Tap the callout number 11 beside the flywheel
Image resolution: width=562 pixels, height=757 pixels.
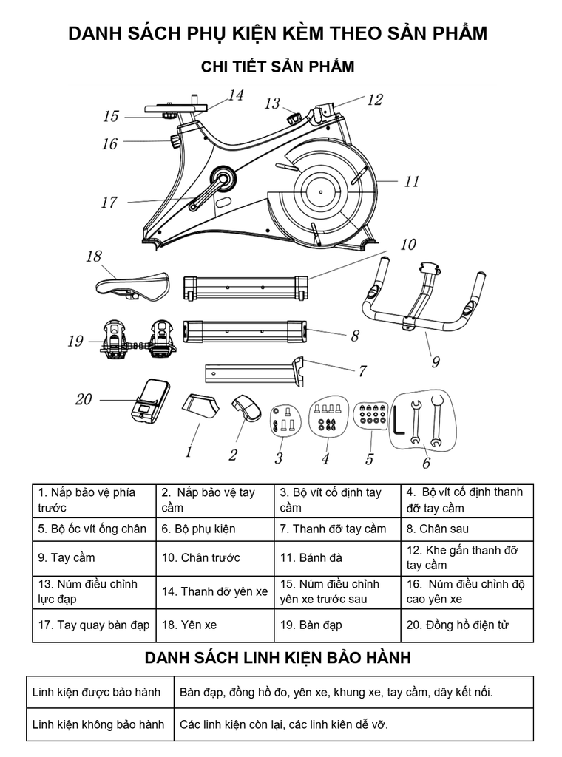[411, 182]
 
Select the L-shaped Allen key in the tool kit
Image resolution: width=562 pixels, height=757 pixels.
[399, 421]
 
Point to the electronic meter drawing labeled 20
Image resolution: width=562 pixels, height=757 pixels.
[151, 401]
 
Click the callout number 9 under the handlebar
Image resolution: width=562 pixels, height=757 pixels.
[436, 361]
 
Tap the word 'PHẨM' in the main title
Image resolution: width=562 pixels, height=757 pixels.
[459, 33]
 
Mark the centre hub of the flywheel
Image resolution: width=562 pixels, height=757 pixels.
[321, 191]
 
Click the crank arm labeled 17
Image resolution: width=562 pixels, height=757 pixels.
[209, 193]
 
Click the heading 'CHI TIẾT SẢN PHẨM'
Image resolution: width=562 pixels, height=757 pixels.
[277, 67]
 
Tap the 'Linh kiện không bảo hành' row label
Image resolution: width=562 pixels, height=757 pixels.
[98, 724]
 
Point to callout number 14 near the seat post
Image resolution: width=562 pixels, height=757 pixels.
[236, 95]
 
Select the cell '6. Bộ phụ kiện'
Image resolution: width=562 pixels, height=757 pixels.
[198, 529]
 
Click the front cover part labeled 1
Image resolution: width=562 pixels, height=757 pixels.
[200, 406]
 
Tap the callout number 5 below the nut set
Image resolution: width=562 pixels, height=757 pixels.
[369, 458]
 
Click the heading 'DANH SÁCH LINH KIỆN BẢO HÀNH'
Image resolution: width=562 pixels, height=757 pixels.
[277, 657]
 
